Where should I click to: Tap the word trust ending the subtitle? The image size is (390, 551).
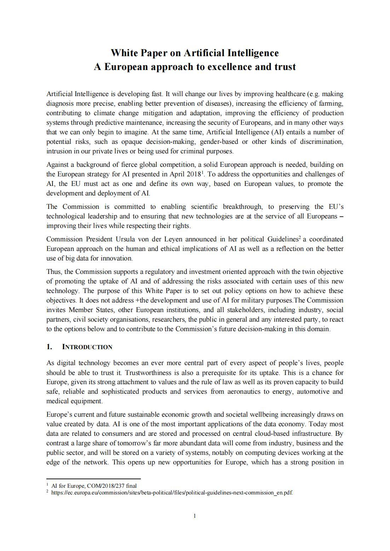285,67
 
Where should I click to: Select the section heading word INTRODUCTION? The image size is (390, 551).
87,347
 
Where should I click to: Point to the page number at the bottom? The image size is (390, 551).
195,516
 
